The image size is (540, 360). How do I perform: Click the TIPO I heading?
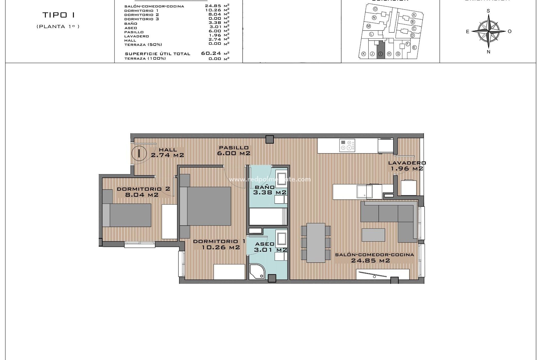[x=58, y=15]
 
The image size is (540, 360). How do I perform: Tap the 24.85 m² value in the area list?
[x=213, y=6]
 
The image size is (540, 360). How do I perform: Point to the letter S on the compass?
[x=488, y=11]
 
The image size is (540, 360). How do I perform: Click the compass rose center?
[x=489, y=31]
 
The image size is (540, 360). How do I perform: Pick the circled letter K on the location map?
[x=363, y=54]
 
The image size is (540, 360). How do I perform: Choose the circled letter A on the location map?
[x=414, y=15]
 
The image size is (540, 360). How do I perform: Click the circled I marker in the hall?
[x=139, y=154]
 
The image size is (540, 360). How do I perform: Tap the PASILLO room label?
[x=234, y=148]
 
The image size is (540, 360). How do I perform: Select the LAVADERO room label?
[x=407, y=163]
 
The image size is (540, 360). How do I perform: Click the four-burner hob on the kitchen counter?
[x=347, y=145]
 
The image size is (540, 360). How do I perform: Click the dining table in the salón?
[x=316, y=242]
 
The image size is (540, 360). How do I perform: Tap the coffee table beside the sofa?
[x=373, y=235]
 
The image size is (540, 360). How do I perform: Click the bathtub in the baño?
[x=268, y=216]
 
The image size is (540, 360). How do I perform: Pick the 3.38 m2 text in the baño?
[x=269, y=193]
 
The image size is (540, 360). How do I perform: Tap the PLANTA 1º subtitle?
[x=58, y=26]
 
